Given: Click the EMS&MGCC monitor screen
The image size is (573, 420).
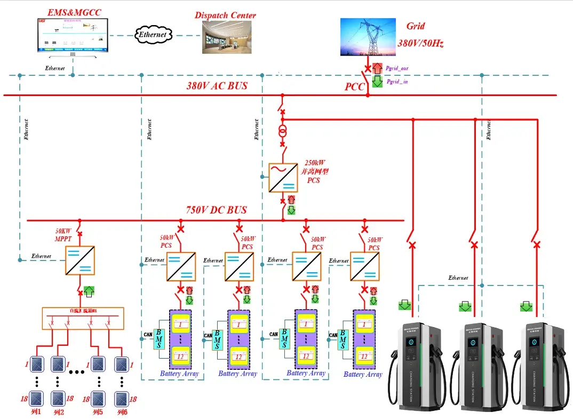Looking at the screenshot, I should pyautogui.click(x=71, y=36).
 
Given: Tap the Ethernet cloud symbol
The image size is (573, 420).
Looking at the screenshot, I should pyautogui.click(x=154, y=35).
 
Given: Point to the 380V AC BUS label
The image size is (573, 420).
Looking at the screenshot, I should pyautogui.click(x=217, y=85).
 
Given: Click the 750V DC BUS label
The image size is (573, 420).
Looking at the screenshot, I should pyautogui.click(x=217, y=210).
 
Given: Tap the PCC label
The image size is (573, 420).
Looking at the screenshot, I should pyautogui.click(x=354, y=86).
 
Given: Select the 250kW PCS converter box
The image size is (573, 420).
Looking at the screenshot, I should pyautogui.click(x=283, y=178).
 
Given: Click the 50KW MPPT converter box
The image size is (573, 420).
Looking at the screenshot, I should pyautogui.click(x=79, y=260).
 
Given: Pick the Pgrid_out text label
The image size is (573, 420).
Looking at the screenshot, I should pyautogui.click(x=397, y=69).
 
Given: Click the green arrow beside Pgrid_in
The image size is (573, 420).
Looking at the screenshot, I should pyautogui.click(x=377, y=82).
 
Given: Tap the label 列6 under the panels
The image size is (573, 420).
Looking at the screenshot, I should pyautogui.click(x=122, y=413).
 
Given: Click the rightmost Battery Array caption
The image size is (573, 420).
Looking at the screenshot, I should pyautogui.click(x=363, y=375).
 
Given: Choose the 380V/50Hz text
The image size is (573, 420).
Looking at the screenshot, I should pyautogui.click(x=420, y=43).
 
